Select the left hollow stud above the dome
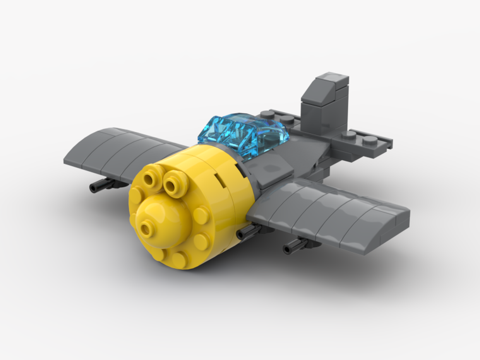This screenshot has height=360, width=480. pos(152,178)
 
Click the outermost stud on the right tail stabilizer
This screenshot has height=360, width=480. pos(370,140)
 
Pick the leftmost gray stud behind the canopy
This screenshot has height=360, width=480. pos(265,114)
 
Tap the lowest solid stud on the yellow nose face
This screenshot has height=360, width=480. pos(180,259)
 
